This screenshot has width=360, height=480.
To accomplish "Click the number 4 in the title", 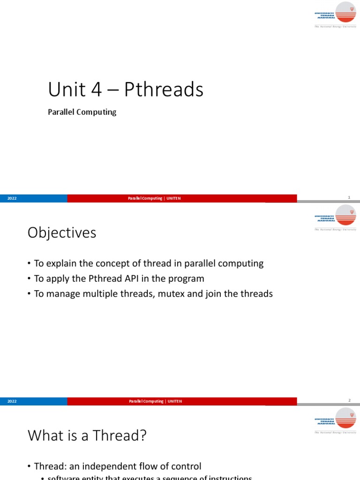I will point(97,90).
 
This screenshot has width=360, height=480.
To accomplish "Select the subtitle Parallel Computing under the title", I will point(82,112).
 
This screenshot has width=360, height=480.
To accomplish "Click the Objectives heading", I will point(62,232).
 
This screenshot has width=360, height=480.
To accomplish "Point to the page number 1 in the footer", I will point(349,198).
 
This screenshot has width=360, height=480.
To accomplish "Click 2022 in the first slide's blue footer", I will point(12,198).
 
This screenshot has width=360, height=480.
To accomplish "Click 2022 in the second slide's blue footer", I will point(12,401).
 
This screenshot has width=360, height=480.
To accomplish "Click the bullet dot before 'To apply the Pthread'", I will point(29,279).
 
